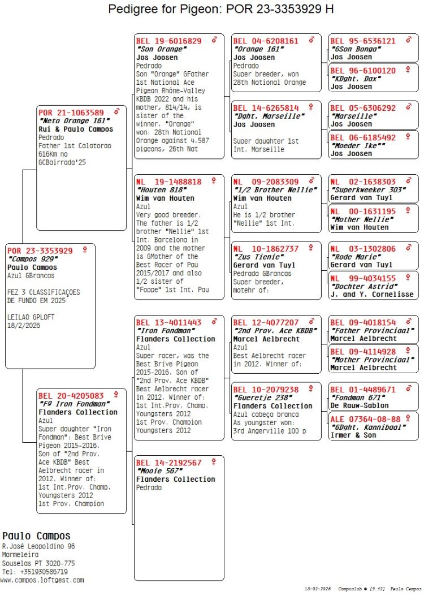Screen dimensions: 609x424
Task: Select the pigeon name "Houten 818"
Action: tap(160, 190)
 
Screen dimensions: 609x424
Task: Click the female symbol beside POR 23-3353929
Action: tap(85, 249)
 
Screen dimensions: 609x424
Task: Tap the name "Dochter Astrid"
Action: tap(364, 286)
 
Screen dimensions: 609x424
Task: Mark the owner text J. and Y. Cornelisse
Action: tap(371, 294)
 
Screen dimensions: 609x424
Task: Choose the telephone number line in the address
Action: tap(34, 572)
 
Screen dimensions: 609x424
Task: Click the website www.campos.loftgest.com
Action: tap(42, 580)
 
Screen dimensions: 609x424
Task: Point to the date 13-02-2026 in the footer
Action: tap(318, 589)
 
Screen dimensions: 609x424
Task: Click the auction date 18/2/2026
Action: tap(24, 326)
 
